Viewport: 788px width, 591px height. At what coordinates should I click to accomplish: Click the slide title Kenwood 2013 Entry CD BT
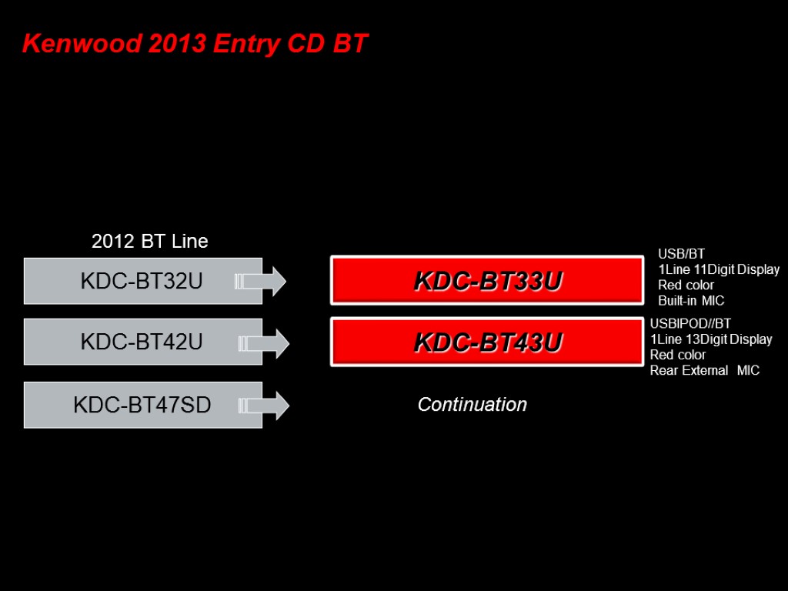pos(195,44)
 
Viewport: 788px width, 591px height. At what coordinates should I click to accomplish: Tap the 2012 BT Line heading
pos(149,241)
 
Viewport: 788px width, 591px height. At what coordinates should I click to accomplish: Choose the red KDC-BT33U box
pos(487,281)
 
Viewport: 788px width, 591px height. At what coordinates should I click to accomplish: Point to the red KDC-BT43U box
pos(487,341)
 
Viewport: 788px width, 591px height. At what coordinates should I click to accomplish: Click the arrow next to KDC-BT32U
pos(261,281)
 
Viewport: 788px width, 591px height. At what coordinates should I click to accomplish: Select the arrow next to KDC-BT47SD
pos(264,404)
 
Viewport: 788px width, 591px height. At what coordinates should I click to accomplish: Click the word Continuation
pos(472,404)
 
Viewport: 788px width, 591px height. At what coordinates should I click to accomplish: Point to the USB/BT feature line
pos(681,254)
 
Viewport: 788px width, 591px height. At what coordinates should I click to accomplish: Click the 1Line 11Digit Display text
pos(719,269)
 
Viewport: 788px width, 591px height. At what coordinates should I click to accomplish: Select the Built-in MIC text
pos(691,300)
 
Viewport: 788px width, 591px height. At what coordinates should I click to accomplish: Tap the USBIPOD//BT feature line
pos(690,323)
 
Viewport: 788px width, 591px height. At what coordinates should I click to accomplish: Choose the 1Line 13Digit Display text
pos(711,339)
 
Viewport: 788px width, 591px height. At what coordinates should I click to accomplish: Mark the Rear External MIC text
pos(704,370)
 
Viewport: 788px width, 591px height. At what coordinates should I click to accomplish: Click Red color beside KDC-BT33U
pos(686,285)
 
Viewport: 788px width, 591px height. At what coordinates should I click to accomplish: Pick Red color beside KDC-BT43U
pos(678,355)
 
